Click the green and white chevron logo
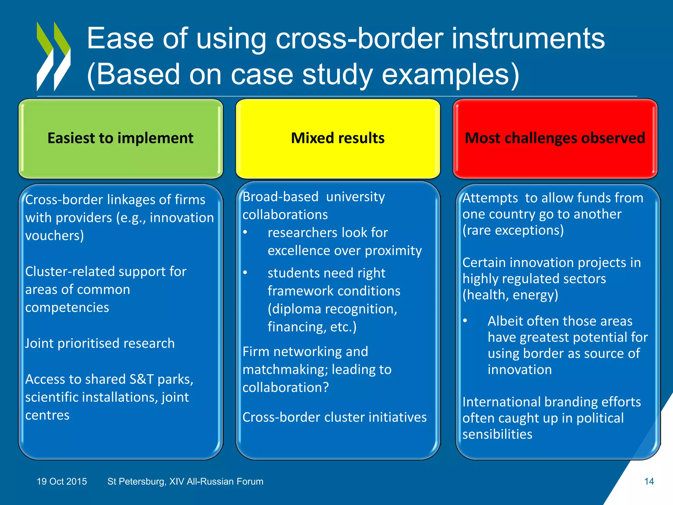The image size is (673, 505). [x=54, y=56]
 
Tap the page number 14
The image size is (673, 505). [x=649, y=481]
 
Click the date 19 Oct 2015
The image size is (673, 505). [x=62, y=481]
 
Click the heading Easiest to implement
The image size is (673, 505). [x=120, y=138]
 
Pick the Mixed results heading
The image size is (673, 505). [x=337, y=138]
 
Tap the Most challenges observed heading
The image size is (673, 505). [x=555, y=138]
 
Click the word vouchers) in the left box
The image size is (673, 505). [x=55, y=236]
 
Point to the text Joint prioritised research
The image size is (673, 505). [x=100, y=343]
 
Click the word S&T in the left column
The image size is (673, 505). [x=141, y=379]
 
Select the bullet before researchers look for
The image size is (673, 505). [x=245, y=232]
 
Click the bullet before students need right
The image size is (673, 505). [x=245, y=273]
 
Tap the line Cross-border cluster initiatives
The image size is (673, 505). [x=335, y=417]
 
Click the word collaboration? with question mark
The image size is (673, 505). [x=286, y=388]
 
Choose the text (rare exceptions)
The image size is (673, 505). [x=513, y=230]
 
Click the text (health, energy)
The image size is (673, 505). [x=510, y=295]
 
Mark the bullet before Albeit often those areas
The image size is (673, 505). [x=465, y=321]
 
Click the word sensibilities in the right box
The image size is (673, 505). [x=497, y=434]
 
